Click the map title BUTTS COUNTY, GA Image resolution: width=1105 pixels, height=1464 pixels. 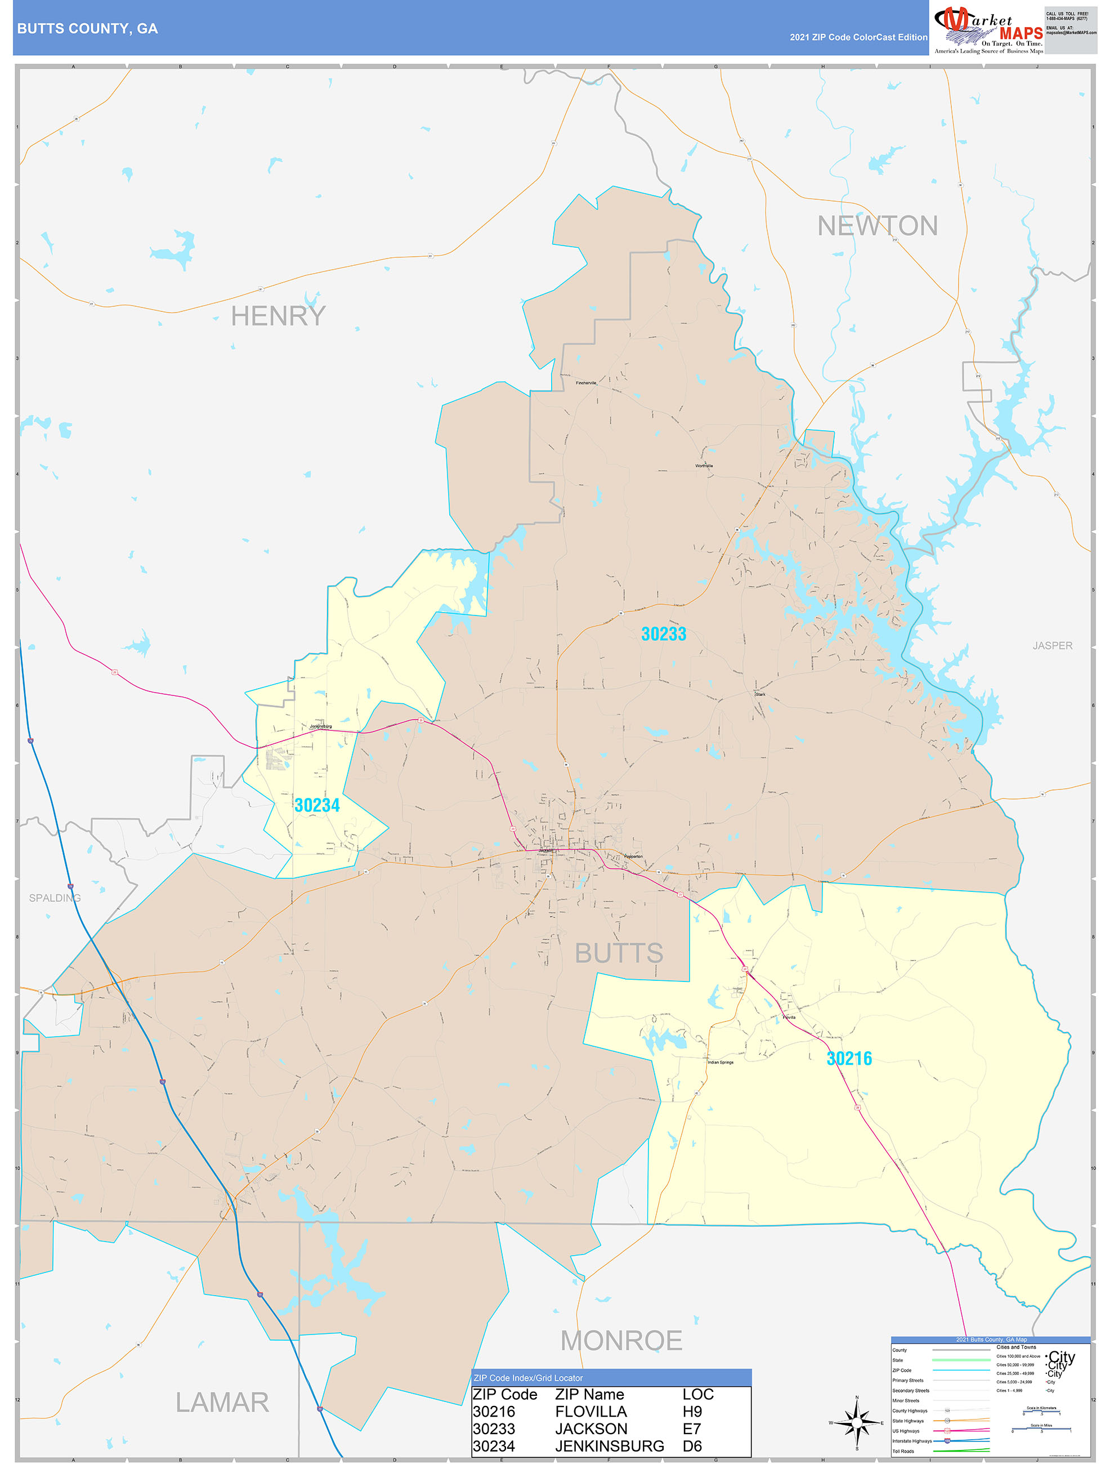point(87,29)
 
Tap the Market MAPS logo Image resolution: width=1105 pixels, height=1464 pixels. point(988,30)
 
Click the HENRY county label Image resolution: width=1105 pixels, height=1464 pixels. point(278,316)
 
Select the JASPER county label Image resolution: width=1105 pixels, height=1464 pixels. point(1052,645)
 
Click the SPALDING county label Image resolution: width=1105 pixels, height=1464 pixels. point(55,898)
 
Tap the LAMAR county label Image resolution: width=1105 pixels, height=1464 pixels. point(222,1402)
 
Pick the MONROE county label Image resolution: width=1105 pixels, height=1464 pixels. point(621,1340)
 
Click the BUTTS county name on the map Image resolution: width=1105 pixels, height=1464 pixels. point(619,953)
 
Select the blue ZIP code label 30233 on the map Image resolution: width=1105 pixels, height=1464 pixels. point(664,634)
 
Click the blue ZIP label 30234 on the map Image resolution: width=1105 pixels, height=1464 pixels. point(317,805)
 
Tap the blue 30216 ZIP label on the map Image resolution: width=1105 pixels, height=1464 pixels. point(849,1058)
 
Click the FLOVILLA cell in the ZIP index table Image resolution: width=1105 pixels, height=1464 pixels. point(591,1411)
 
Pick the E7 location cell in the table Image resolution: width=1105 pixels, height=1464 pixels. point(691,1429)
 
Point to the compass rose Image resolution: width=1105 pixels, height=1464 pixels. point(857,1422)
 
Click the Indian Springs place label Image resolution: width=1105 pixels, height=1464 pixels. point(721,1063)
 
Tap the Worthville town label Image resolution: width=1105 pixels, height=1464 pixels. point(704,466)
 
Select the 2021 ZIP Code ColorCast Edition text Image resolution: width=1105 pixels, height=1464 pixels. point(858,37)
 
